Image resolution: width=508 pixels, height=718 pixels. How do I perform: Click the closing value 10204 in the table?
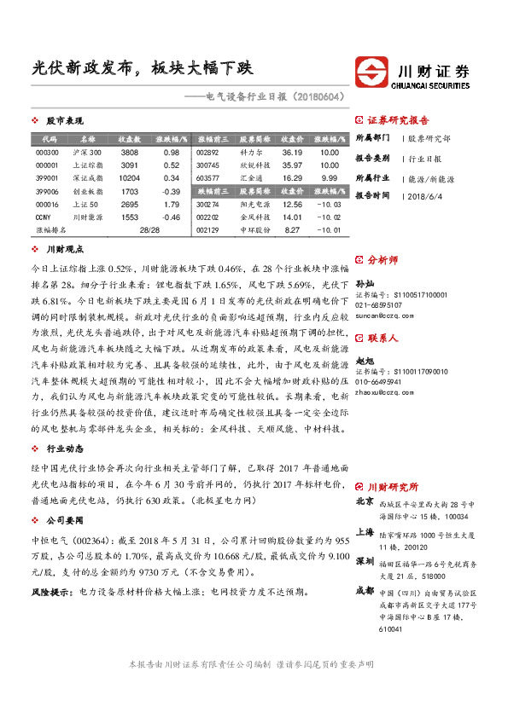point(129,178)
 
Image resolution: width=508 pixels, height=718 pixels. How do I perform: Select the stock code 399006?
point(48,192)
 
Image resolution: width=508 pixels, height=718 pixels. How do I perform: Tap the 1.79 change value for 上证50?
point(171,205)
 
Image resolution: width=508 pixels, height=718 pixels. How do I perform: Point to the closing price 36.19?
point(292,152)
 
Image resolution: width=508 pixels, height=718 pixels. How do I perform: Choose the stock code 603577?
point(207,178)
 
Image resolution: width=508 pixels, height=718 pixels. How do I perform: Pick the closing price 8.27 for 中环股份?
point(292,229)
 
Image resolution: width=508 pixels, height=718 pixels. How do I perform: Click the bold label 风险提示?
point(50,591)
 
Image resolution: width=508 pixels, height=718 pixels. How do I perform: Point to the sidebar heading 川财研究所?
point(394,485)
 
